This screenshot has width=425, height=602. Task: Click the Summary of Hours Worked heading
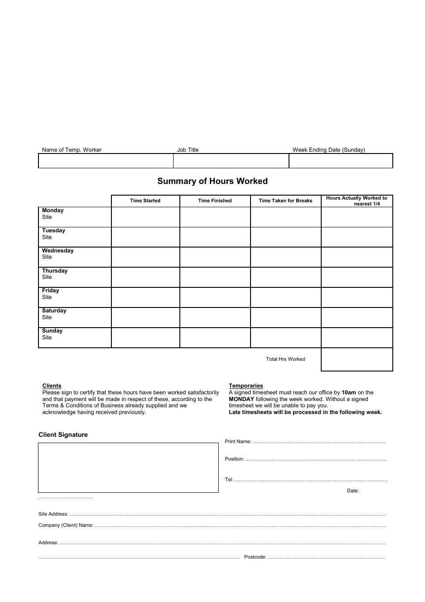click(212, 181)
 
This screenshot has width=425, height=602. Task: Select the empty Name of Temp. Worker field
click(106, 161)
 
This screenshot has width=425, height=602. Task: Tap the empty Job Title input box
click(231, 161)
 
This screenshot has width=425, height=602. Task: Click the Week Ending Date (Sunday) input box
click(340, 161)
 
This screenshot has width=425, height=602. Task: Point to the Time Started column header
click(145, 201)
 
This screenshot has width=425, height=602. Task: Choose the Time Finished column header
click(215, 201)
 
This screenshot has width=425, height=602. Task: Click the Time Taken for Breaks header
click(285, 201)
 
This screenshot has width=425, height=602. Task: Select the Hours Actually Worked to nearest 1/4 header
click(357, 201)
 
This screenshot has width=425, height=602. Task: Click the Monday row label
click(53, 210)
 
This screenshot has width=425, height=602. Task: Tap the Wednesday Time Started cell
click(145, 257)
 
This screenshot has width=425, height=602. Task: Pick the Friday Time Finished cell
click(215, 297)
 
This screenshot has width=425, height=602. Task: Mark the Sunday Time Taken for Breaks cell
click(285, 337)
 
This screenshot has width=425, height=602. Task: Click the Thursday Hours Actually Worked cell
click(357, 277)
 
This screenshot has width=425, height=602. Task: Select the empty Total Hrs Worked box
click(357, 359)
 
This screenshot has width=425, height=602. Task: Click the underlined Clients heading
click(52, 386)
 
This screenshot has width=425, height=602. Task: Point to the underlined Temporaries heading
click(246, 386)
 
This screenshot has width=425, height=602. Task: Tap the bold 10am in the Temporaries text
click(348, 393)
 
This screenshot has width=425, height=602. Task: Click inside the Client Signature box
click(128, 468)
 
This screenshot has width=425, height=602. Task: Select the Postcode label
click(255, 557)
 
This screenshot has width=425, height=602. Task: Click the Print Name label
click(238, 442)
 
